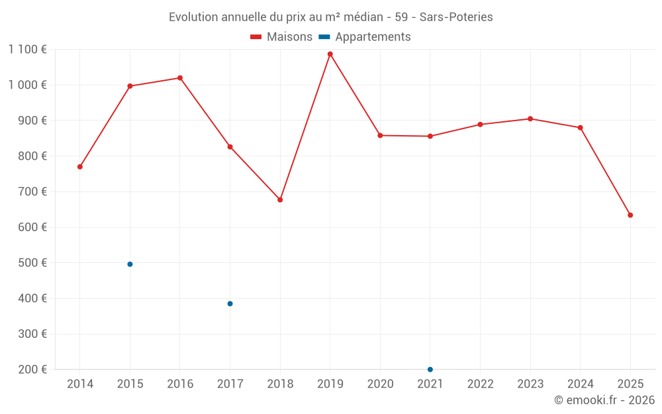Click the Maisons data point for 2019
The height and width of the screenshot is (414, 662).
click(x=330, y=54)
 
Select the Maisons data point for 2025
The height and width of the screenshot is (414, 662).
click(x=630, y=215)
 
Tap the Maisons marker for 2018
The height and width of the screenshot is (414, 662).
click(x=280, y=200)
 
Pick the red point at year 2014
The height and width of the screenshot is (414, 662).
click(x=80, y=167)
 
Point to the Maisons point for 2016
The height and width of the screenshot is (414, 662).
click(x=180, y=78)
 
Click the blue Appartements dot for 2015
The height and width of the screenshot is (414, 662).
click(x=130, y=264)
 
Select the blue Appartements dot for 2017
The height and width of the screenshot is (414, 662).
click(x=230, y=304)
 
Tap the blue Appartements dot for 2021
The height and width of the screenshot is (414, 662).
click(x=430, y=370)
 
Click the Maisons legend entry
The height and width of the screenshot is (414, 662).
click(x=281, y=37)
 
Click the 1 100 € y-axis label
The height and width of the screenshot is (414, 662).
click(x=28, y=50)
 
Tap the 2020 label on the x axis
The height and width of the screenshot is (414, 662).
click(x=380, y=384)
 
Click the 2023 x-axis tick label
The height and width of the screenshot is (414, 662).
click(x=530, y=384)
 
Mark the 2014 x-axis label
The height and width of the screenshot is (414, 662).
click(x=80, y=384)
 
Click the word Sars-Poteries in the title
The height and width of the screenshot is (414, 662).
click(x=456, y=17)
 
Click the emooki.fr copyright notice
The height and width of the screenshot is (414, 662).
click(x=604, y=400)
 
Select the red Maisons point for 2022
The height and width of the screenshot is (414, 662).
click(x=480, y=125)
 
